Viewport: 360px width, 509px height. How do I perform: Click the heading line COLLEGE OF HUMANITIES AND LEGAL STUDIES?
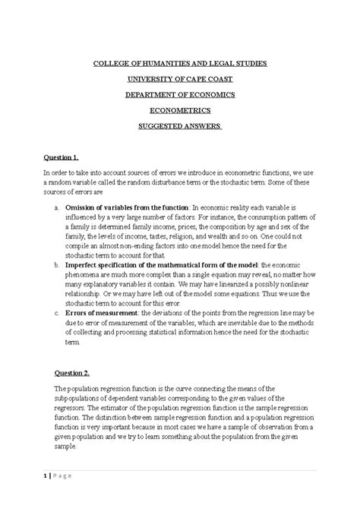point(180,65)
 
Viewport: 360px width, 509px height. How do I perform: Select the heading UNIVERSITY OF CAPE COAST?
point(180,80)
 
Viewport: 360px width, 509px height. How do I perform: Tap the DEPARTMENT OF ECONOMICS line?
point(180,94)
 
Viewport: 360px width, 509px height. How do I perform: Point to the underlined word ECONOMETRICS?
point(180,109)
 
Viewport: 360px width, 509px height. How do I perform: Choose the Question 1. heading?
point(62,157)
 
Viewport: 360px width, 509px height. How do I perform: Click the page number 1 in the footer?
point(45,476)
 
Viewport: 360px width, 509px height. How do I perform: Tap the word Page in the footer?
point(65,476)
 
